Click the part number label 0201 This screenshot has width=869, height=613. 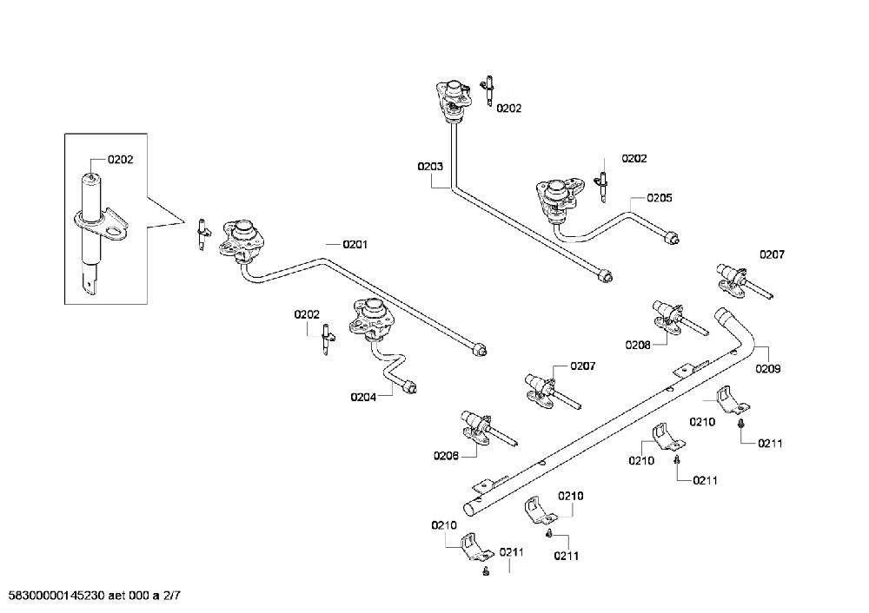pyautogui.click(x=355, y=244)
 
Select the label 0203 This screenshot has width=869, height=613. pyautogui.click(x=430, y=166)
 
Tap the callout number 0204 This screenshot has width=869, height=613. pyautogui.click(x=363, y=397)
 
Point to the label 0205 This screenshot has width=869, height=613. pyautogui.click(x=660, y=198)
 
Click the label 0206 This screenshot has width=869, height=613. pyautogui.click(x=446, y=456)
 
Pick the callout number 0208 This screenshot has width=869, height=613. pyautogui.click(x=638, y=345)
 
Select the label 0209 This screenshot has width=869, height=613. pyautogui.click(x=768, y=369)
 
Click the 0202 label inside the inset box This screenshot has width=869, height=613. pyautogui.click(x=120, y=160)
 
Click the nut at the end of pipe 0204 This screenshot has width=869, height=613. pyautogui.click(x=410, y=386)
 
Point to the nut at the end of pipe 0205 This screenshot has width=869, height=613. pyautogui.click(x=673, y=238)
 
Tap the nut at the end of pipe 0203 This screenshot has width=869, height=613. pyautogui.click(x=605, y=274)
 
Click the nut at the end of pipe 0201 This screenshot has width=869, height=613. pyautogui.click(x=480, y=350)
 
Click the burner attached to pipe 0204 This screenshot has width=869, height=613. pyautogui.click(x=371, y=319)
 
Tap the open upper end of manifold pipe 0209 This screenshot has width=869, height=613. pyautogui.click(x=722, y=316)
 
